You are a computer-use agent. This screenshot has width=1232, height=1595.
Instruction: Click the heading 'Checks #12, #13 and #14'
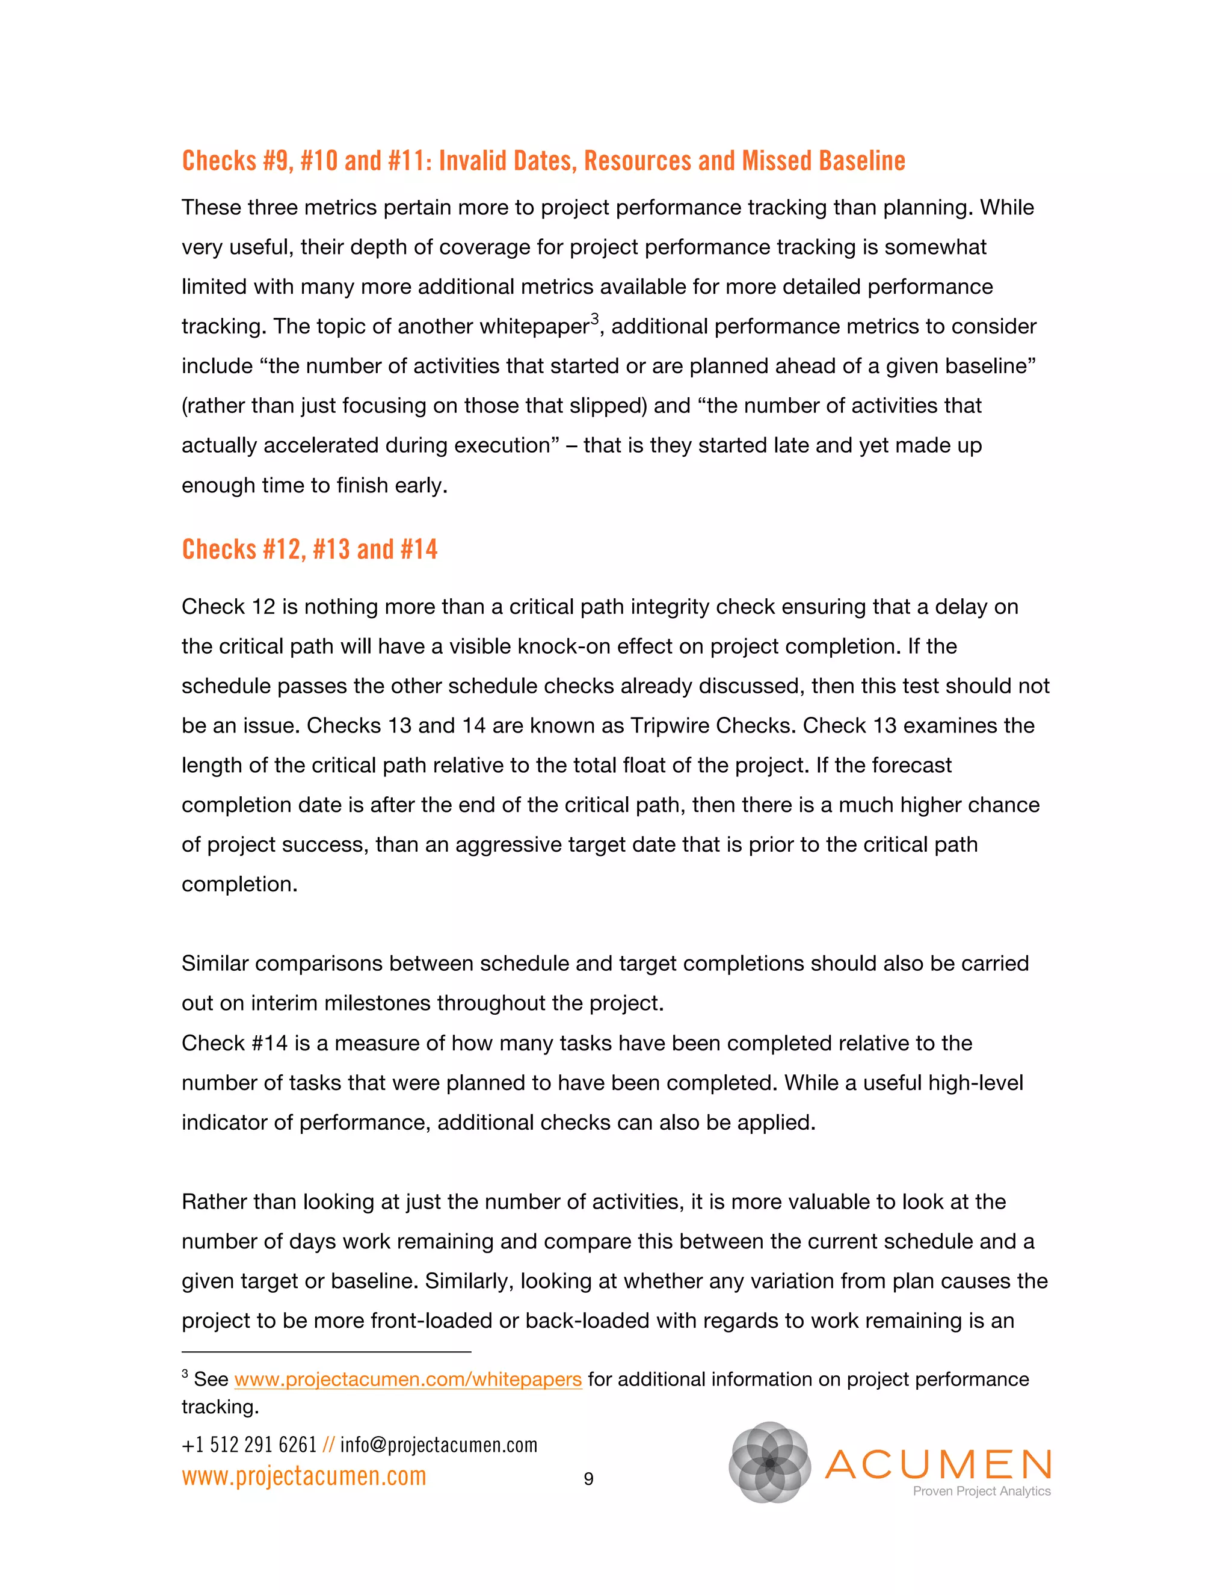point(309,549)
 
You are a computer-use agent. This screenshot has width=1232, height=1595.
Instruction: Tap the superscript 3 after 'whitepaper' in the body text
point(595,318)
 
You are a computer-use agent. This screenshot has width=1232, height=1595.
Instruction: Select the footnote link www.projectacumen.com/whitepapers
point(407,1379)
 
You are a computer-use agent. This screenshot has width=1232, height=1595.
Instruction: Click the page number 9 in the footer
point(588,1479)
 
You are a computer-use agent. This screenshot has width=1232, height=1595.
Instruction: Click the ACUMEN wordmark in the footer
point(938,1464)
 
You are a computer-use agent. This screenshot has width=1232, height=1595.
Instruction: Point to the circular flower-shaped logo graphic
point(769,1462)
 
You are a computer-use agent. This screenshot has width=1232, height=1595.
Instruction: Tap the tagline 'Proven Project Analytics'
point(981,1491)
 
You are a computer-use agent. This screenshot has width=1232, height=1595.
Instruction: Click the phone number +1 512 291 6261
point(249,1445)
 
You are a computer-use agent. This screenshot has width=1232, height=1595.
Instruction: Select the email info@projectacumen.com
point(439,1445)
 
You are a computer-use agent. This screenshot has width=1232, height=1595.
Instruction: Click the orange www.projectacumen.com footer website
point(304,1476)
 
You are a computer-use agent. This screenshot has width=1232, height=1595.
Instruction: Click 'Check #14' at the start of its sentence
point(234,1043)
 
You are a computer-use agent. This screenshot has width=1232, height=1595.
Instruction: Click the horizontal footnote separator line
point(325,1352)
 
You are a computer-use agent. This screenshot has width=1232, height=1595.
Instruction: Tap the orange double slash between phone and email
point(328,1445)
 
